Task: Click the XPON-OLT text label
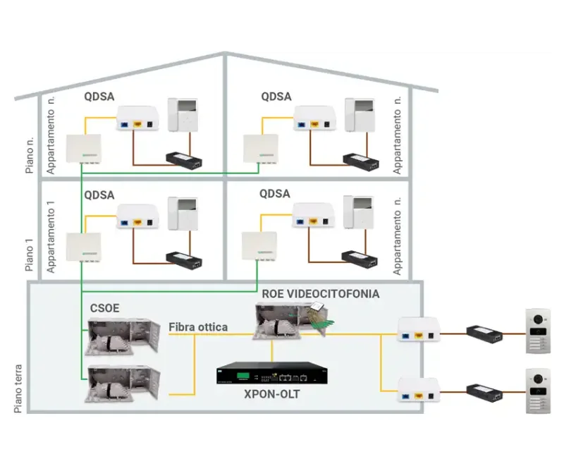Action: tap(271, 394)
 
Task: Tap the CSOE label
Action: tap(104, 308)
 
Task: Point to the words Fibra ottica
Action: tap(198, 327)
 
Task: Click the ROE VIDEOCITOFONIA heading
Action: tap(320, 293)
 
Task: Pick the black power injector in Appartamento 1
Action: tap(183, 257)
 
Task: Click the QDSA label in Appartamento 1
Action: tap(99, 194)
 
